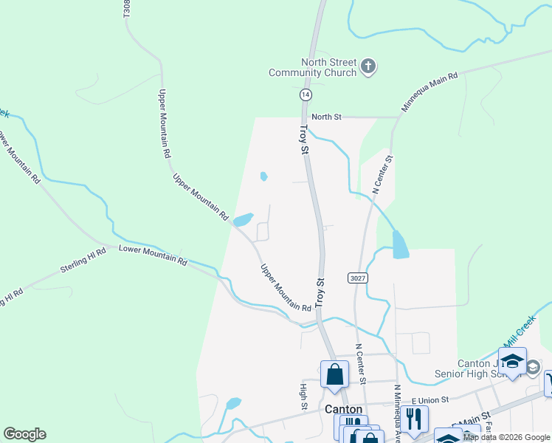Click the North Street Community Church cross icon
coord(369,67)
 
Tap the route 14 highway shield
coord(306,95)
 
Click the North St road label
coord(326,117)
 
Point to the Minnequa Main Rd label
coord(430,92)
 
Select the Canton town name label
coord(343,409)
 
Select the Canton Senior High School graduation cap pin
coord(512,362)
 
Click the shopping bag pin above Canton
coord(334,374)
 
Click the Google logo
coord(24,434)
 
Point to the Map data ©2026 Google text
coord(507,437)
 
